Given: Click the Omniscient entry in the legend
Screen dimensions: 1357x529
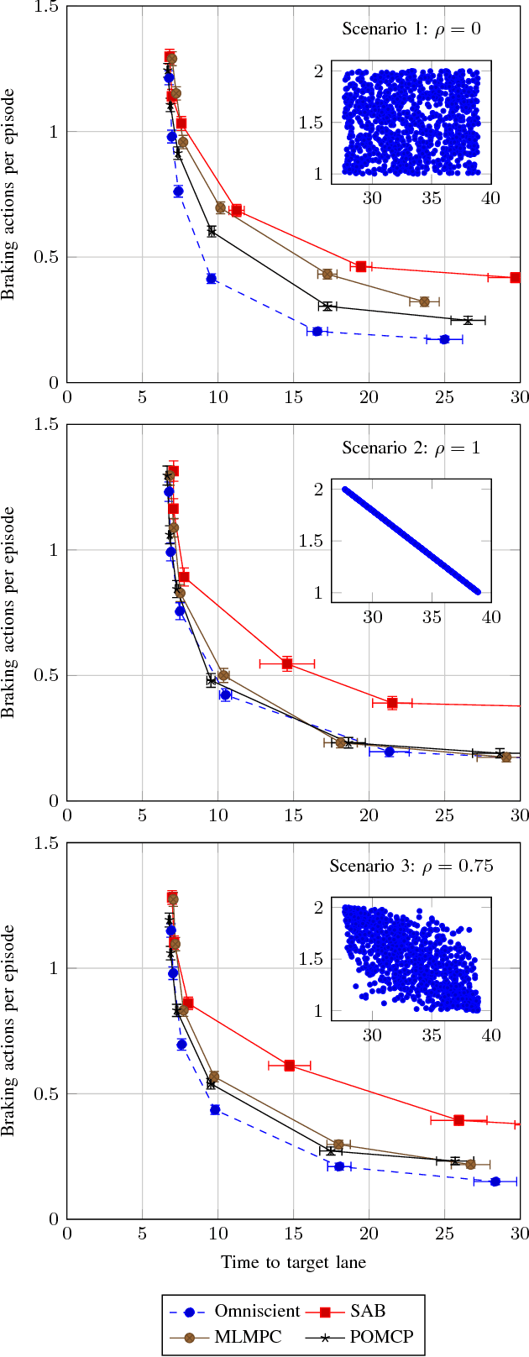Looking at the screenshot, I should (257, 1312).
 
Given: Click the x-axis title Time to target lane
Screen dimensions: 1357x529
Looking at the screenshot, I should (293, 1262).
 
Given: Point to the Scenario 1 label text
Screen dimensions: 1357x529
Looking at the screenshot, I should (411, 29).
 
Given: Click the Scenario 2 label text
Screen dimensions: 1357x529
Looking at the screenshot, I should (411, 448).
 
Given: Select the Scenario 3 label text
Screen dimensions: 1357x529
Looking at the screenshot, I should (411, 866).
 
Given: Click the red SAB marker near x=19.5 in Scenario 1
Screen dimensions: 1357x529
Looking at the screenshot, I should (361, 266).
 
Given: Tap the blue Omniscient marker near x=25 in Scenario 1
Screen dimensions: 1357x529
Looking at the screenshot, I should (444, 339).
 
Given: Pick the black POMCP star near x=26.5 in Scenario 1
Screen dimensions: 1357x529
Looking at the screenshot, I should (468, 320).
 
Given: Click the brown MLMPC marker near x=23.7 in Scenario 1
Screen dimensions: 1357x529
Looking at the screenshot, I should (424, 301).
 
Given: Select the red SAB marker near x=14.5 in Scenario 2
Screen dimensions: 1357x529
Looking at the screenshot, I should (287, 663).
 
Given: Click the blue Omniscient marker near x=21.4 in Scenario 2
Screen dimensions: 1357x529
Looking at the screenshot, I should (390, 752).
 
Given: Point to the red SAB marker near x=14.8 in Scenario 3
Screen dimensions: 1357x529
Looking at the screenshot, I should (290, 1065).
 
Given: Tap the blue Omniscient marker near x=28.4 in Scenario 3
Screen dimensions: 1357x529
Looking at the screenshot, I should (495, 1181).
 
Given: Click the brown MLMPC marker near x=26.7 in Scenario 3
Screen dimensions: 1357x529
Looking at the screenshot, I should (470, 1164).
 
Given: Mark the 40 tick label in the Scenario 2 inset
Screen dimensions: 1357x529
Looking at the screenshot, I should (490, 617).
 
